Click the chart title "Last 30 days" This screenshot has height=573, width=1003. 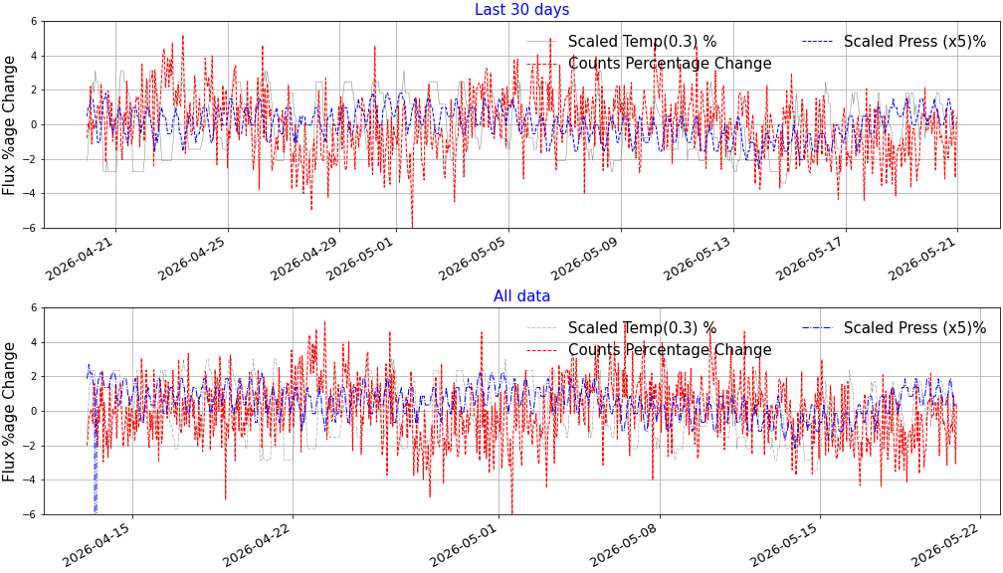click(521, 10)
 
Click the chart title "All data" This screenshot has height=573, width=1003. click(521, 296)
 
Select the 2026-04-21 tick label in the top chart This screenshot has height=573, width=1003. click(82, 257)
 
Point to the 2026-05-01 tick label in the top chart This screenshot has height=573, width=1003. click(362, 257)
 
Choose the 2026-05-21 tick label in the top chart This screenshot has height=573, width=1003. click(923, 257)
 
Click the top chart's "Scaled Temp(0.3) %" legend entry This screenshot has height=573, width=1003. click(622, 42)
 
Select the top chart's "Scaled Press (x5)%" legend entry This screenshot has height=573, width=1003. click(895, 42)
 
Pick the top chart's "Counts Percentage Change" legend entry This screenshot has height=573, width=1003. click(649, 64)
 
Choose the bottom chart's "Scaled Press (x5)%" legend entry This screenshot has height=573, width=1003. click(895, 328)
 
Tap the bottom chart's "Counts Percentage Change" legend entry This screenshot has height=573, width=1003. click(649, 350)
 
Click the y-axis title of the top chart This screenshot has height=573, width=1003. click(9, 125)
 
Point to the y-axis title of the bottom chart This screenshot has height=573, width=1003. click(9, 412)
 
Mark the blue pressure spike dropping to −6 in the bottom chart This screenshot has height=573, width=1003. click(96, 467)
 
